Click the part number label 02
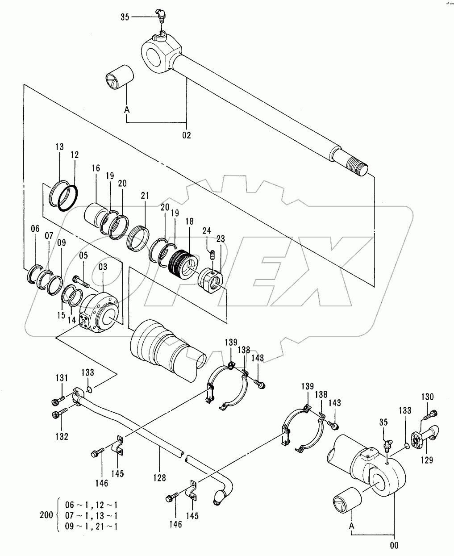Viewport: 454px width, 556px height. click(x=186, y=135)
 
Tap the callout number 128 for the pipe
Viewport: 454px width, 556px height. click(x=160, y=478)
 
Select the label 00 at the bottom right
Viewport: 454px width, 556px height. click(x=394, y=545)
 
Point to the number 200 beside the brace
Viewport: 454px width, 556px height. click(x=46, y=515)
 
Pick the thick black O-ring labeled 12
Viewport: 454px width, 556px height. click(x=68, y=198)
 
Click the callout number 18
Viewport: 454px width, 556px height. click(x=189, y=221)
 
